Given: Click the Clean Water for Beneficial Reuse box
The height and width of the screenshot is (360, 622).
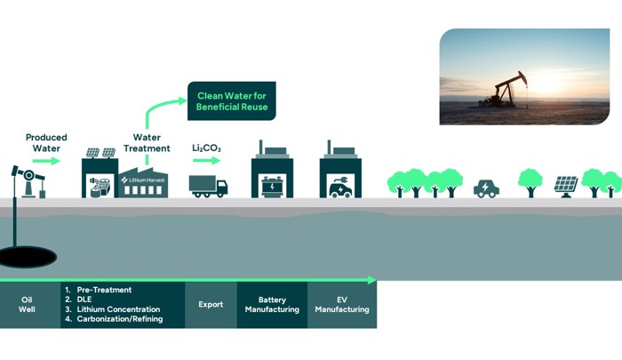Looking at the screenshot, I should pyautogui.click(x=231, y=100).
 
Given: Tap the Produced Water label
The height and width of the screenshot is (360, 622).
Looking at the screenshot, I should pyautogui.click(x=46, y=143).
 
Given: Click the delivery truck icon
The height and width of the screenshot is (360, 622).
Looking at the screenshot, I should pyautogui.click(x=208, y=186).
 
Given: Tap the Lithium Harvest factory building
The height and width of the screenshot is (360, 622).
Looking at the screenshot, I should pyautogui.click(x=143, y=180).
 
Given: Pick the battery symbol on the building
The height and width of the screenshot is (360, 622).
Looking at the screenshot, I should pyautogui.click(x=271, y=187).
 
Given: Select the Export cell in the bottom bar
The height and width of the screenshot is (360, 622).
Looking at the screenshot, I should pyautogui.click(x=211, y=305).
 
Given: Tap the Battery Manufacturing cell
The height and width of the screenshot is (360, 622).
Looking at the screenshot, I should pyautogui.click(x=272, y=305).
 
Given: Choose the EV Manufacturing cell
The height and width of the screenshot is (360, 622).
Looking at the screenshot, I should pyautogui.click(x=342, y=305).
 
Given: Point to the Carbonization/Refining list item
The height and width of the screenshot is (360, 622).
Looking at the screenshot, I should pyautogui.click(x=118, y=319).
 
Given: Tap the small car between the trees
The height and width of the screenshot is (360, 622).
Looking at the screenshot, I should pyautogui.click(x=486, y=188).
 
